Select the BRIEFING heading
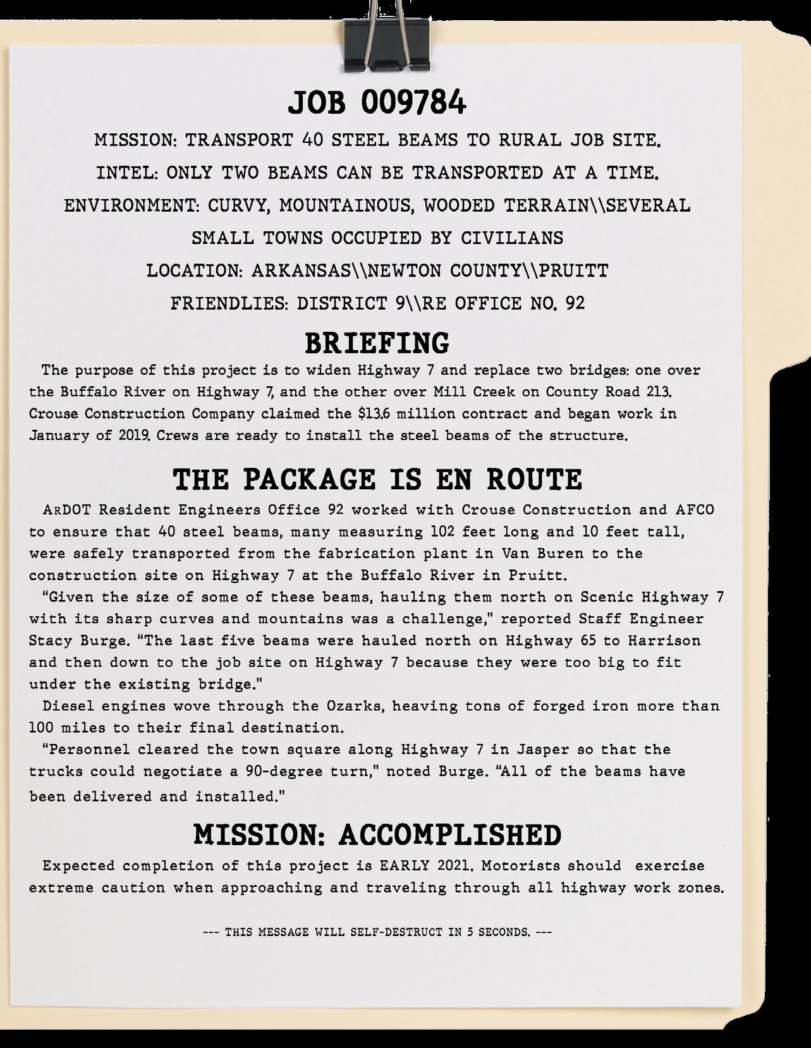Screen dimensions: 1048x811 pyautogui.click(x=377, y=343)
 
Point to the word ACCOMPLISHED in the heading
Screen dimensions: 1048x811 pyautogui.click(x=450, y=835)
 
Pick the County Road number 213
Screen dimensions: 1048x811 pyautogui.click(x=650, y=392)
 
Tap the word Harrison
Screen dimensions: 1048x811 pyautogui.click(x=664, y=640)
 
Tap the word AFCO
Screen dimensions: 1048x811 pyautogui.click(x=692, y=510)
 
